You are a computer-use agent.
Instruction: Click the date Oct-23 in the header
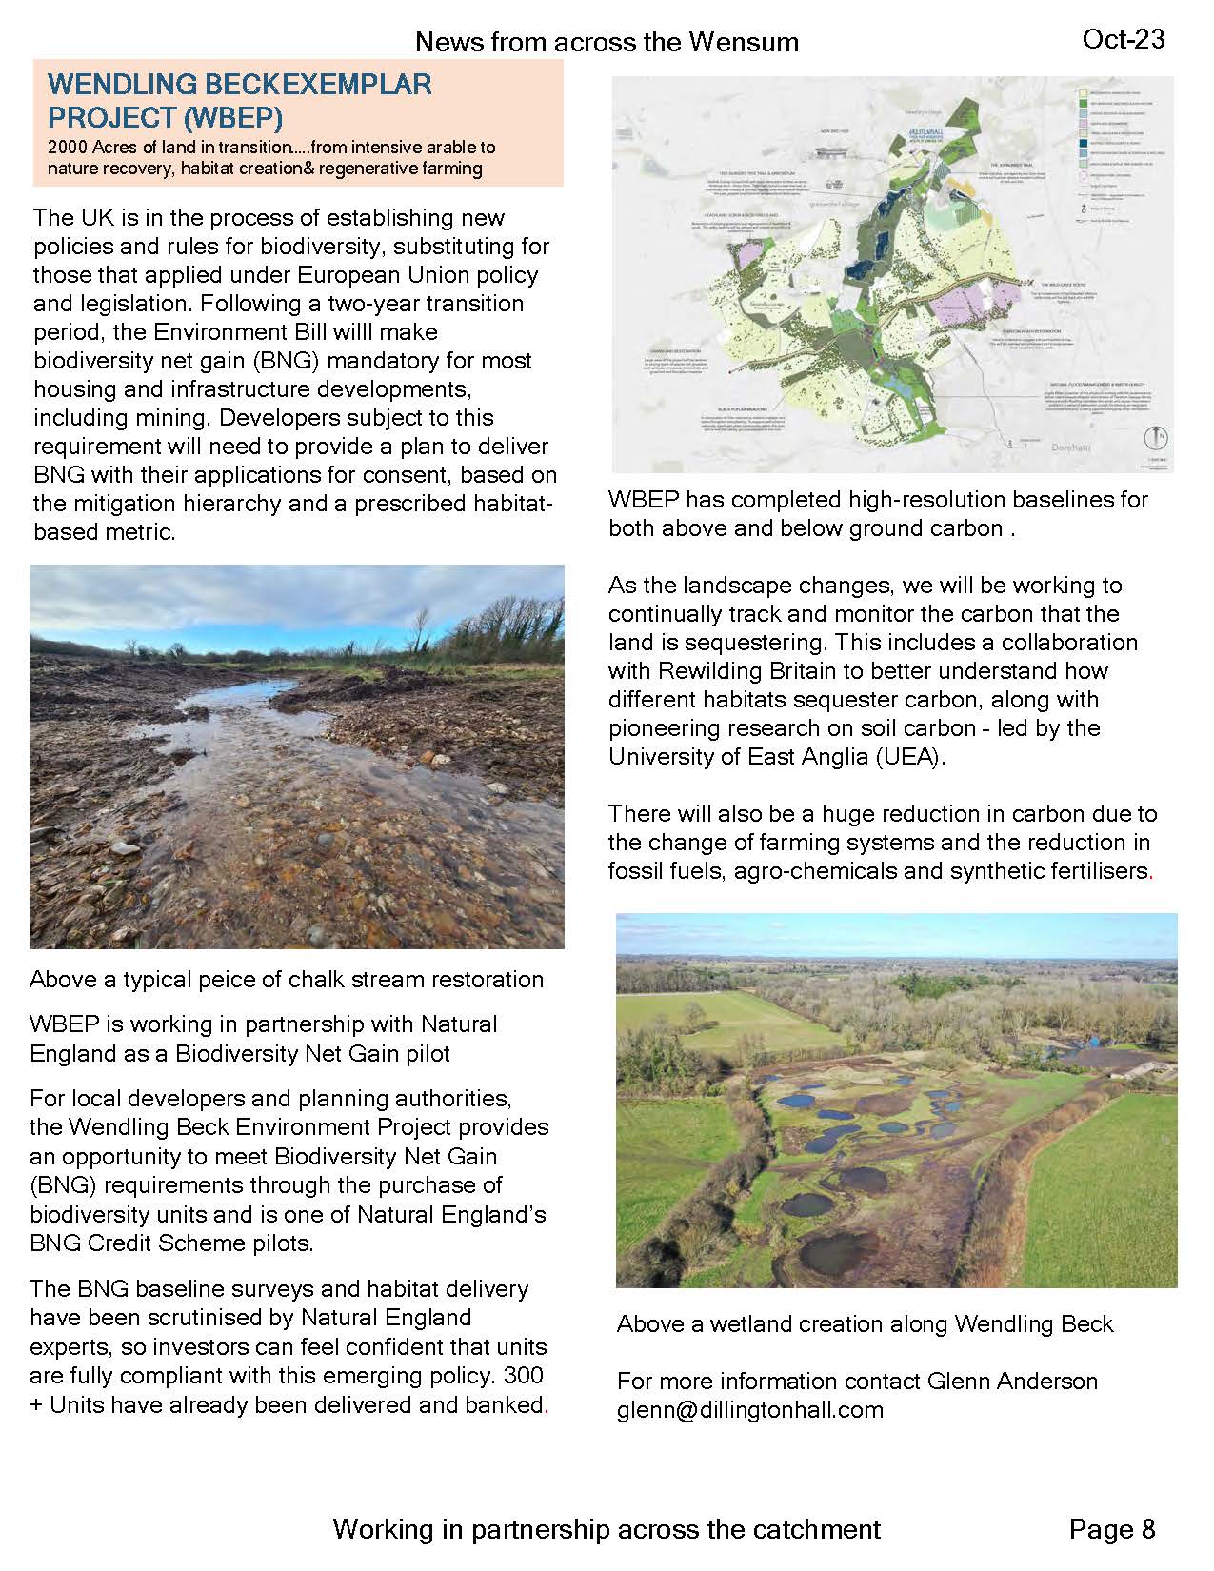(1124, 39)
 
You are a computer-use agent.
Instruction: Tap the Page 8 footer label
(1111, 1529)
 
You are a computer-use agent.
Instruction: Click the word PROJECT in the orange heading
(107, 118)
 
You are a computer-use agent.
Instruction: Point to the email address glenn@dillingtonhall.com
(750, 1410)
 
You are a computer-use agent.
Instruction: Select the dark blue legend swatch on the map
(1084, 148)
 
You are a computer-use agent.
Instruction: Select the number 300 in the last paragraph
(525, 1376)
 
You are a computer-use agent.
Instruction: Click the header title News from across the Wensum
(607, 42)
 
